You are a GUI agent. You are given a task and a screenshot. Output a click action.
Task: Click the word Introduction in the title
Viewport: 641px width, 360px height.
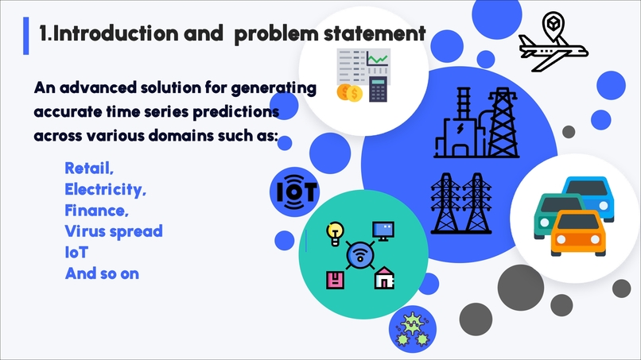115,33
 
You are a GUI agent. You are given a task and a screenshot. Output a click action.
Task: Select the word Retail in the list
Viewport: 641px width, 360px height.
87,168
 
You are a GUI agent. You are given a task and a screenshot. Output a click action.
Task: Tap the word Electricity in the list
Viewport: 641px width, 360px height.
104,189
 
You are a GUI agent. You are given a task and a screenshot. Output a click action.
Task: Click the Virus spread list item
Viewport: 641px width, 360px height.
114,231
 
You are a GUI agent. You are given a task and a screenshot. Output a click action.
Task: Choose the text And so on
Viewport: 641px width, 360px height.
103,273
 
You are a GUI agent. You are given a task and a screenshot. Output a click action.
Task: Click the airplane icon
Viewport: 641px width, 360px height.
553,42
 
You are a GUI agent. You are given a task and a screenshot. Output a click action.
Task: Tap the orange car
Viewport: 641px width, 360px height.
578,233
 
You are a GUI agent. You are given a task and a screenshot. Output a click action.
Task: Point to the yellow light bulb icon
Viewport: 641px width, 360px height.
335,234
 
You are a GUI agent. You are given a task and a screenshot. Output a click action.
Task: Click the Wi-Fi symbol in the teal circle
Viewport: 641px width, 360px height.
360,255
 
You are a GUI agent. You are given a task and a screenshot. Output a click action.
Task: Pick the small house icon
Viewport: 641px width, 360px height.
384,278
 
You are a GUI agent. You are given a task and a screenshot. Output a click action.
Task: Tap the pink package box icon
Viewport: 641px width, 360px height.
336,281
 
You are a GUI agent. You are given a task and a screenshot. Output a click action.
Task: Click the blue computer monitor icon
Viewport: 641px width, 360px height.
383,231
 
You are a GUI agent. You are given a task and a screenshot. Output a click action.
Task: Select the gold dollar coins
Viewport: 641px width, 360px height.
349,93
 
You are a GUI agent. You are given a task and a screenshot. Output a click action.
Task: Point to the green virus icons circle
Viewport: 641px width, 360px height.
413,329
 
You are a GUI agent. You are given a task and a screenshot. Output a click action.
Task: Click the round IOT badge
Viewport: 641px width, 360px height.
294,192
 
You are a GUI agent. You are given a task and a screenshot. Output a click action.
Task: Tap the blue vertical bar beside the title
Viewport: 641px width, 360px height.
26,36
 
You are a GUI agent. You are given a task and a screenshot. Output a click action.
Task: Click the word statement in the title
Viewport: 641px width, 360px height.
375,33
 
